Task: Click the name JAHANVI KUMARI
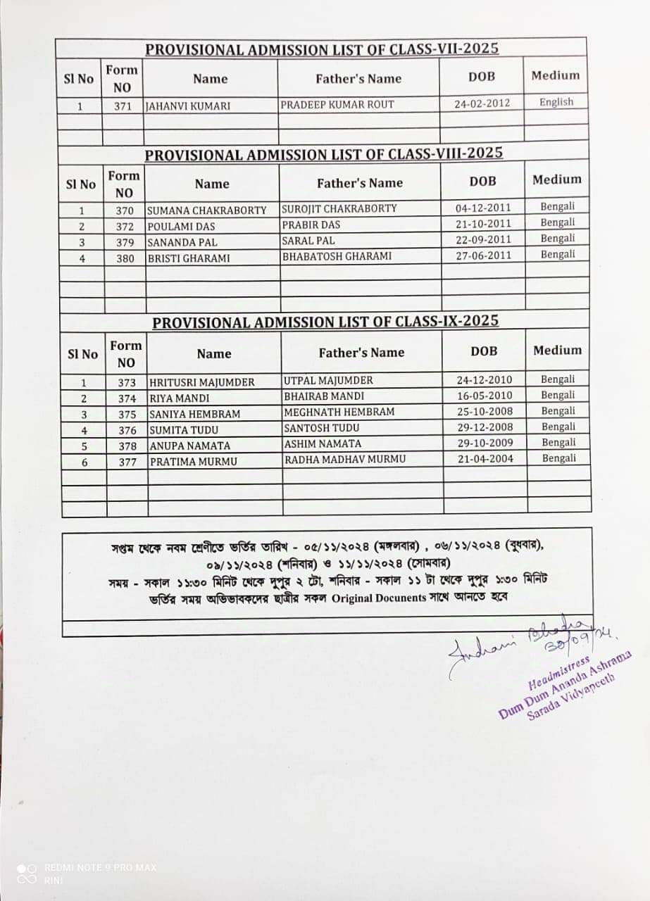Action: click(188, 106)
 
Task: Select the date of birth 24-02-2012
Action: click(482, 103)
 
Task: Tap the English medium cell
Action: click(556, 102)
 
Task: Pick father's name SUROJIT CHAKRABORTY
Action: click(339, 208)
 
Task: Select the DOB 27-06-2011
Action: click(483, 256)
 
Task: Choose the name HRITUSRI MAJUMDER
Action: click(202, 382)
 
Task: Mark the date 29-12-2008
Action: click(485, 427)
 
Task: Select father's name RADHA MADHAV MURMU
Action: click(345, 459)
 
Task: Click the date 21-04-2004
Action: click(485, 458)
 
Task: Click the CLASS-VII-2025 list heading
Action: click(322, 49)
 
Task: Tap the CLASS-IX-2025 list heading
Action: click(326, 322)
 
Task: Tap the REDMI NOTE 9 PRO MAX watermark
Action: click(100, 867)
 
